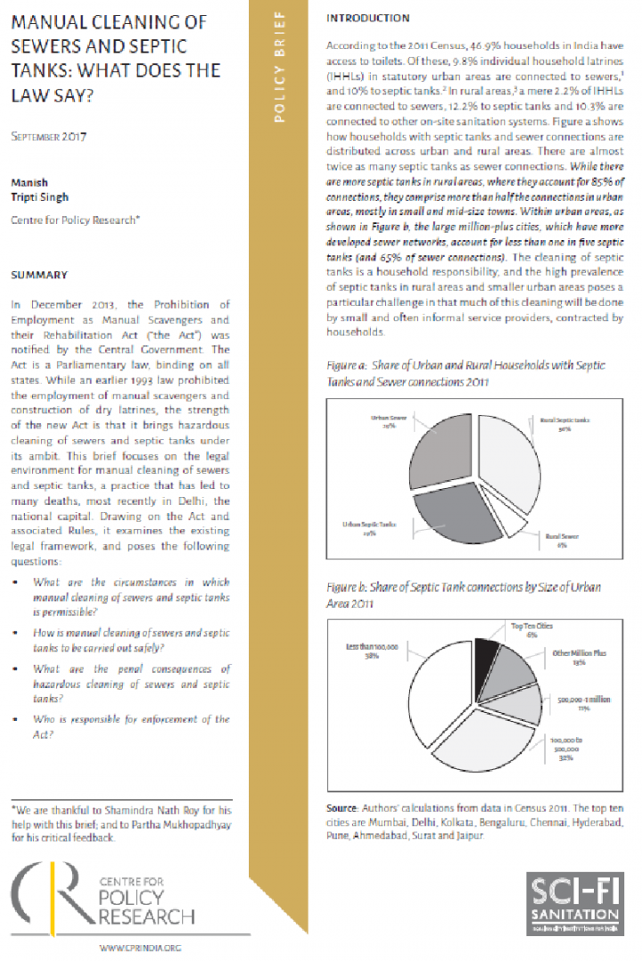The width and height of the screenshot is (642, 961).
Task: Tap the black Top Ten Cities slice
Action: (487, 652)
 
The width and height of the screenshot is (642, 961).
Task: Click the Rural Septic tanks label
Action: (565, 422)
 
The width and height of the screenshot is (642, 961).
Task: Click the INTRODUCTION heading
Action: (368, 18)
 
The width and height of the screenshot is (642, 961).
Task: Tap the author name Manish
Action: (29, 181)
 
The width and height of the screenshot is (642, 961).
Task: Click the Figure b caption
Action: (464, 594)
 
